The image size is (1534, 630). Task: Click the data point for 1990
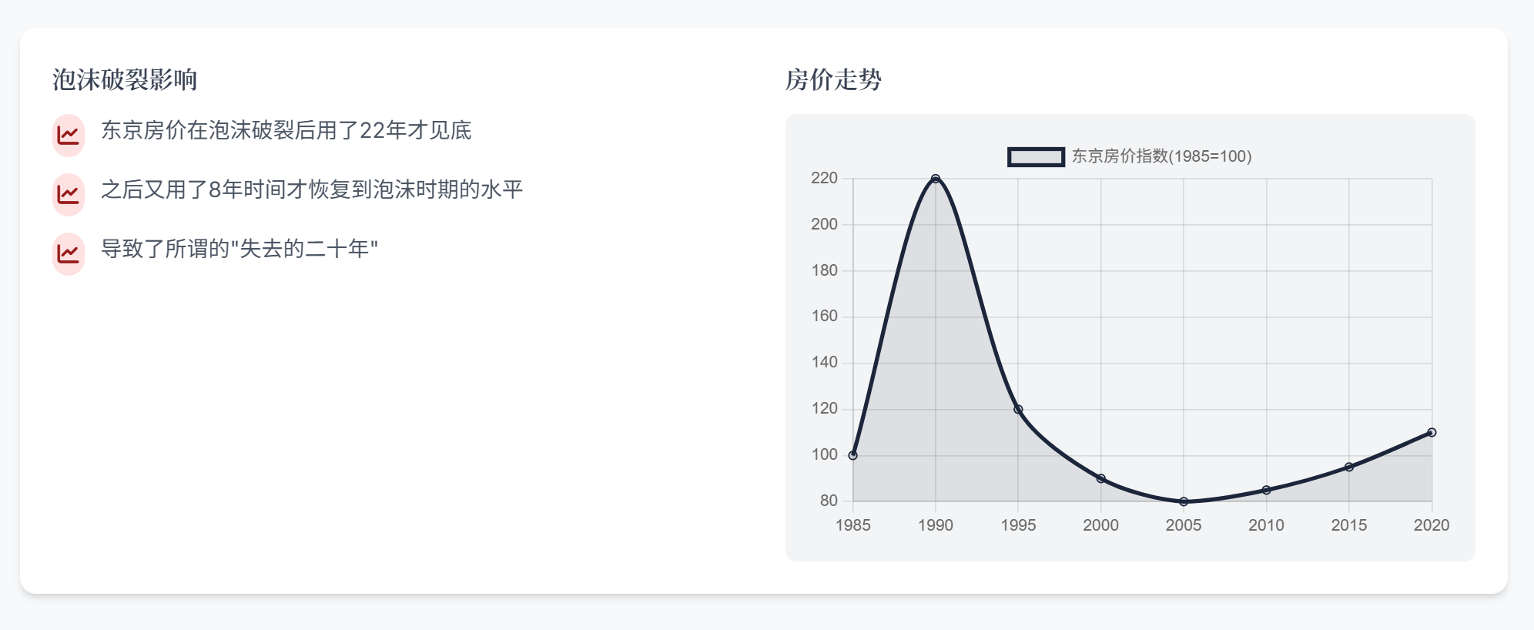click(x=936, y=179)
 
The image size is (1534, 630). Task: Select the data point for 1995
click(x=1018, y=409)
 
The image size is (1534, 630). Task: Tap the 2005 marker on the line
click(x=1184, y=501)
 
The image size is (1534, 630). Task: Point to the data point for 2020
click(x=1432, y=432)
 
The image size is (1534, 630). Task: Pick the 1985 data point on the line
click(x=852, y=455)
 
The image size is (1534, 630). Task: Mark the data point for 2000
click(x=1101, y=478)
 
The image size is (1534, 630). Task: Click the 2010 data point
click(x=1266, y=490)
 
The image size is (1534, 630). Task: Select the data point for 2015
click(x=1349, y=467)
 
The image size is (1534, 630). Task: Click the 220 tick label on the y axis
click(x=824, y=178)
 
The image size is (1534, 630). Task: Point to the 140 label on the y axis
click(x=824, y=362)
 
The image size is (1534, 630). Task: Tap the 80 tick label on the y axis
click(x=829, y=501)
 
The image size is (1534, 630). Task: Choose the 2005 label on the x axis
click(x=1184, y=525)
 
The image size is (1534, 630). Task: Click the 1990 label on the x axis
click(x=936, y=525)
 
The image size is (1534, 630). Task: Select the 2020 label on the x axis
click(x=1432, y=525)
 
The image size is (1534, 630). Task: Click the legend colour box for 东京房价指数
click(x=1037, y=157)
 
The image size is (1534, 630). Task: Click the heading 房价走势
click(x=833, y=79)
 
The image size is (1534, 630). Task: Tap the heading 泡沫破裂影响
click(x=125, y=79)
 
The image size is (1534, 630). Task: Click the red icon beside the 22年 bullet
click(x=69, y=135)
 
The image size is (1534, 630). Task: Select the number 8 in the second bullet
click(x=215, y=189)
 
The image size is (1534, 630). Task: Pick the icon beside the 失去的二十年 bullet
click(x=69, y=253)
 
